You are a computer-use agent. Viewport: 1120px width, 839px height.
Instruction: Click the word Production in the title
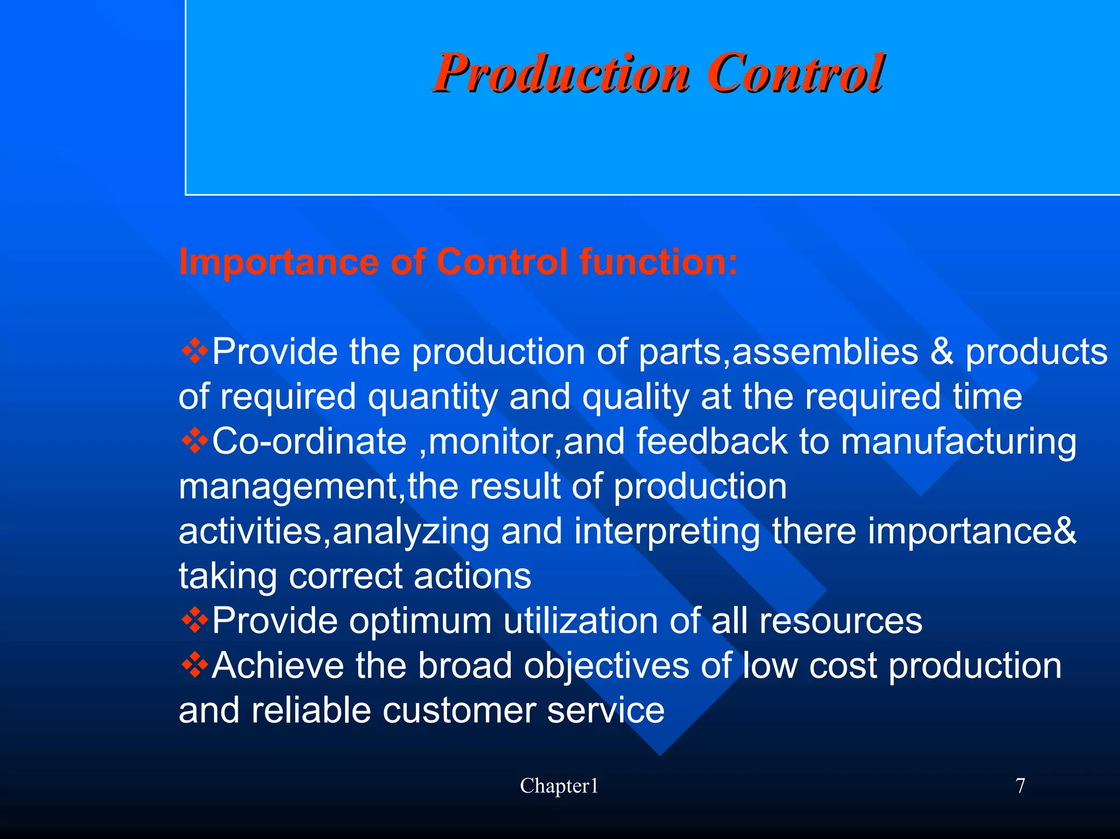561,73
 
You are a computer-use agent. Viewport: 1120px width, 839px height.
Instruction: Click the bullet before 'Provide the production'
195,352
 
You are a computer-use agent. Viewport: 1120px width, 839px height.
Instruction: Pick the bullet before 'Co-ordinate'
195,441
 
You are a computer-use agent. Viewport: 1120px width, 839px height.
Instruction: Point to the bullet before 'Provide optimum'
195,621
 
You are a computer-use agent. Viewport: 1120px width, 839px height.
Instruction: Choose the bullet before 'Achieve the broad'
195,666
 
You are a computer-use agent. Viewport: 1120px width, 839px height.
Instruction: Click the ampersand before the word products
942,352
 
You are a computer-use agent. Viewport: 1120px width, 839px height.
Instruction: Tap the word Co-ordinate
310,441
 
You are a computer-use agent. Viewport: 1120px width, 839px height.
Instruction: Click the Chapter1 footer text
559,786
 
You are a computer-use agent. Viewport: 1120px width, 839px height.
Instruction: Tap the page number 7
1020,786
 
